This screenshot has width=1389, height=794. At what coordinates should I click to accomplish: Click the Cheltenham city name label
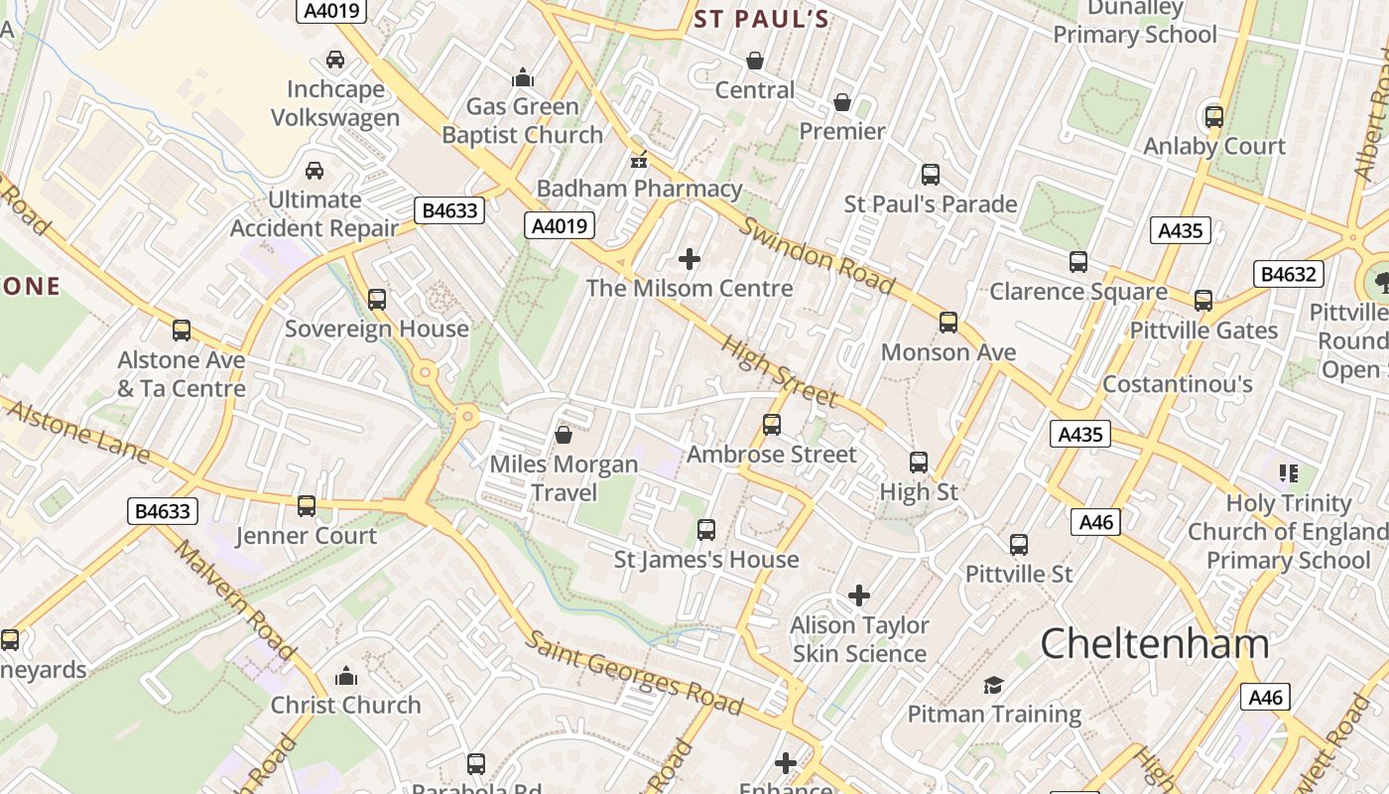coord(1155,644)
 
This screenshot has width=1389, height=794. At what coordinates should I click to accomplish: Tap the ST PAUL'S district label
coord(762,19)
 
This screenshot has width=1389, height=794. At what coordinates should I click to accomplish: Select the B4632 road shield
coord(1289,274)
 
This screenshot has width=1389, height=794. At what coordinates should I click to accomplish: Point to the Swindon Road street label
coord(818,256)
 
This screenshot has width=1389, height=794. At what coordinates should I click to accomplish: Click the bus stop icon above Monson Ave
coord(948,322)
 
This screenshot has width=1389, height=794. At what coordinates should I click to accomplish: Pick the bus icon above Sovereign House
coord(377,299)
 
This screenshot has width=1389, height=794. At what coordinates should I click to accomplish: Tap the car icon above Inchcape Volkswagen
coord(335,60)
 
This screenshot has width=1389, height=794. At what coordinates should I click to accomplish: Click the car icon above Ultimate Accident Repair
coord(315,170)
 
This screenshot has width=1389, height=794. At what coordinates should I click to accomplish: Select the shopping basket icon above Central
coord(755,62)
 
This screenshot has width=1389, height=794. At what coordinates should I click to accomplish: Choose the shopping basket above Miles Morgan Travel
coord(564,435)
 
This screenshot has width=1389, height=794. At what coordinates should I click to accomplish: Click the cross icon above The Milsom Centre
coord(690,260)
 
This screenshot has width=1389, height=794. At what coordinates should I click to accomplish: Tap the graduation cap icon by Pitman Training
coord(993,685)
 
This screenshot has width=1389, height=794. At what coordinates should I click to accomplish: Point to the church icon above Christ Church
coord(346,676)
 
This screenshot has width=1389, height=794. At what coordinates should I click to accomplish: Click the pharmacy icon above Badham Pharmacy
coord(639,159)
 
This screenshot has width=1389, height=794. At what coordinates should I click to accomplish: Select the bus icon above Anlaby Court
coord(1214,116)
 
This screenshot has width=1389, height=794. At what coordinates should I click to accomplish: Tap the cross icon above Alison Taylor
coord(859,595)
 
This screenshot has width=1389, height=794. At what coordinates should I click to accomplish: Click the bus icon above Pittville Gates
coord(1203,300)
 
